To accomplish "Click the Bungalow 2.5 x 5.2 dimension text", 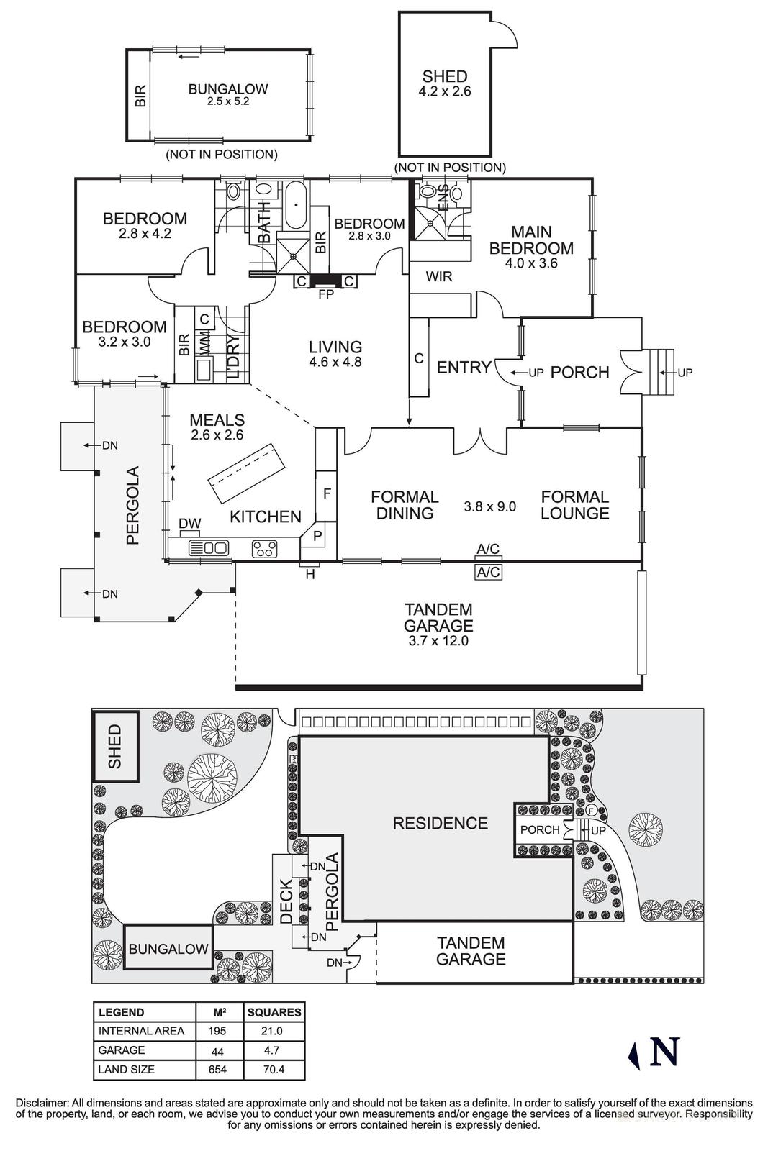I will [227, 102].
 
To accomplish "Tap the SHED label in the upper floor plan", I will [444, 76].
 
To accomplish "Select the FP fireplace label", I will [325, 294].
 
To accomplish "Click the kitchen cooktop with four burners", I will [264, 549].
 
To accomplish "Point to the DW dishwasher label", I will [189, 524].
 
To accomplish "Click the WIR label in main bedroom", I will [439, 276].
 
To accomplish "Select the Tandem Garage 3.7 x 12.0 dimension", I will [438, 641].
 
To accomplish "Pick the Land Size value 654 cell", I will [217, 1070].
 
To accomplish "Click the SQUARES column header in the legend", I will [274, 1012].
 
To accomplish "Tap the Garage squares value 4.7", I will [274, 1050].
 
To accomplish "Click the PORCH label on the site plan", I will [540, 829].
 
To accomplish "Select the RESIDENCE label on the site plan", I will [440, 823].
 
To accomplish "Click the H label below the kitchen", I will [310, 574].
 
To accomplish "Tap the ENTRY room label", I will [464, 368].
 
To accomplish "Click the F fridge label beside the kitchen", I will [326, 494].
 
